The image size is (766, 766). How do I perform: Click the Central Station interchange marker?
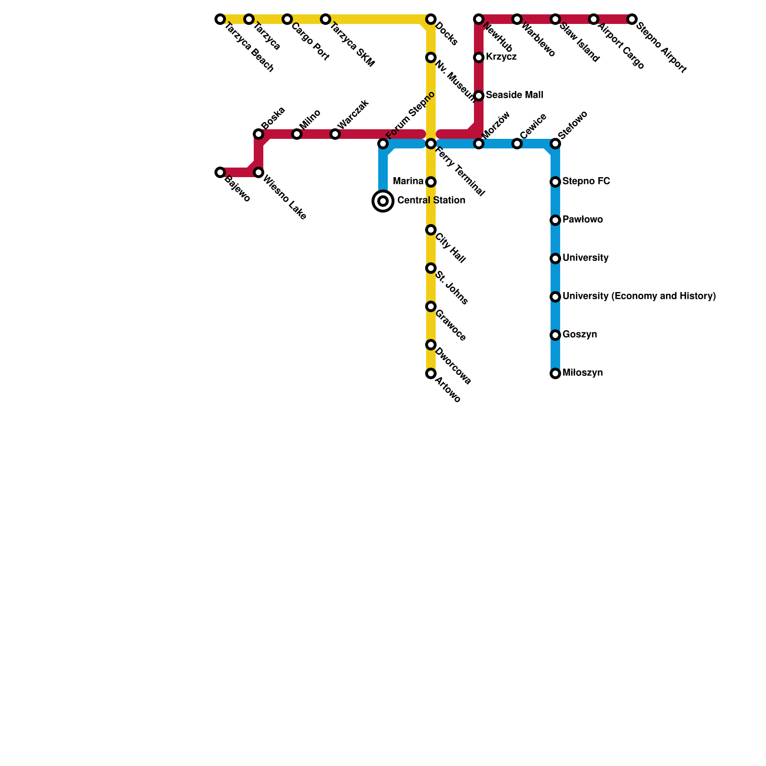pos(383,201)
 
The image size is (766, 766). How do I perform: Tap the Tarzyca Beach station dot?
pos(220,19)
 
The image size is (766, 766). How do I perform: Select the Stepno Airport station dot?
pos(632,19)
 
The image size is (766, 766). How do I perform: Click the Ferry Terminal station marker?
pos(431,144)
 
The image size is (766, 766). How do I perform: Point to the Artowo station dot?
pos(431,373)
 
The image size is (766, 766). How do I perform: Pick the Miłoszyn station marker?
pos(555,373)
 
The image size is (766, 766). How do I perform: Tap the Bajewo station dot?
pos(220,172)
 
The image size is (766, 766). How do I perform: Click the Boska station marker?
pos(259,134)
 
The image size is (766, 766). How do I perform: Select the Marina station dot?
pos(431,182)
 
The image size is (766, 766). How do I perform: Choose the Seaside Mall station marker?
pos(479,96)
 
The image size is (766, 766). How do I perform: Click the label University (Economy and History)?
pos(639,296)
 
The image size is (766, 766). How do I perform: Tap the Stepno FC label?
pos(586,181)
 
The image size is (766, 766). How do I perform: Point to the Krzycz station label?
pos(501,57)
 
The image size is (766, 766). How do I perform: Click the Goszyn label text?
pos(580,335)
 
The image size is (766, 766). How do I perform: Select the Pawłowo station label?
pos(582,220)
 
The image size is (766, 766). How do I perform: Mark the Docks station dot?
pos(431,19)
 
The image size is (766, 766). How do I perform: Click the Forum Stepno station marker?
pos(383,144)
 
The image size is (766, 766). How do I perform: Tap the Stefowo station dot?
pos(555,144)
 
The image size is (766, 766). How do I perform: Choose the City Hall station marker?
pos(431,230)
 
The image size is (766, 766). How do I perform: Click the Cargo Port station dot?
pos(287,19)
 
